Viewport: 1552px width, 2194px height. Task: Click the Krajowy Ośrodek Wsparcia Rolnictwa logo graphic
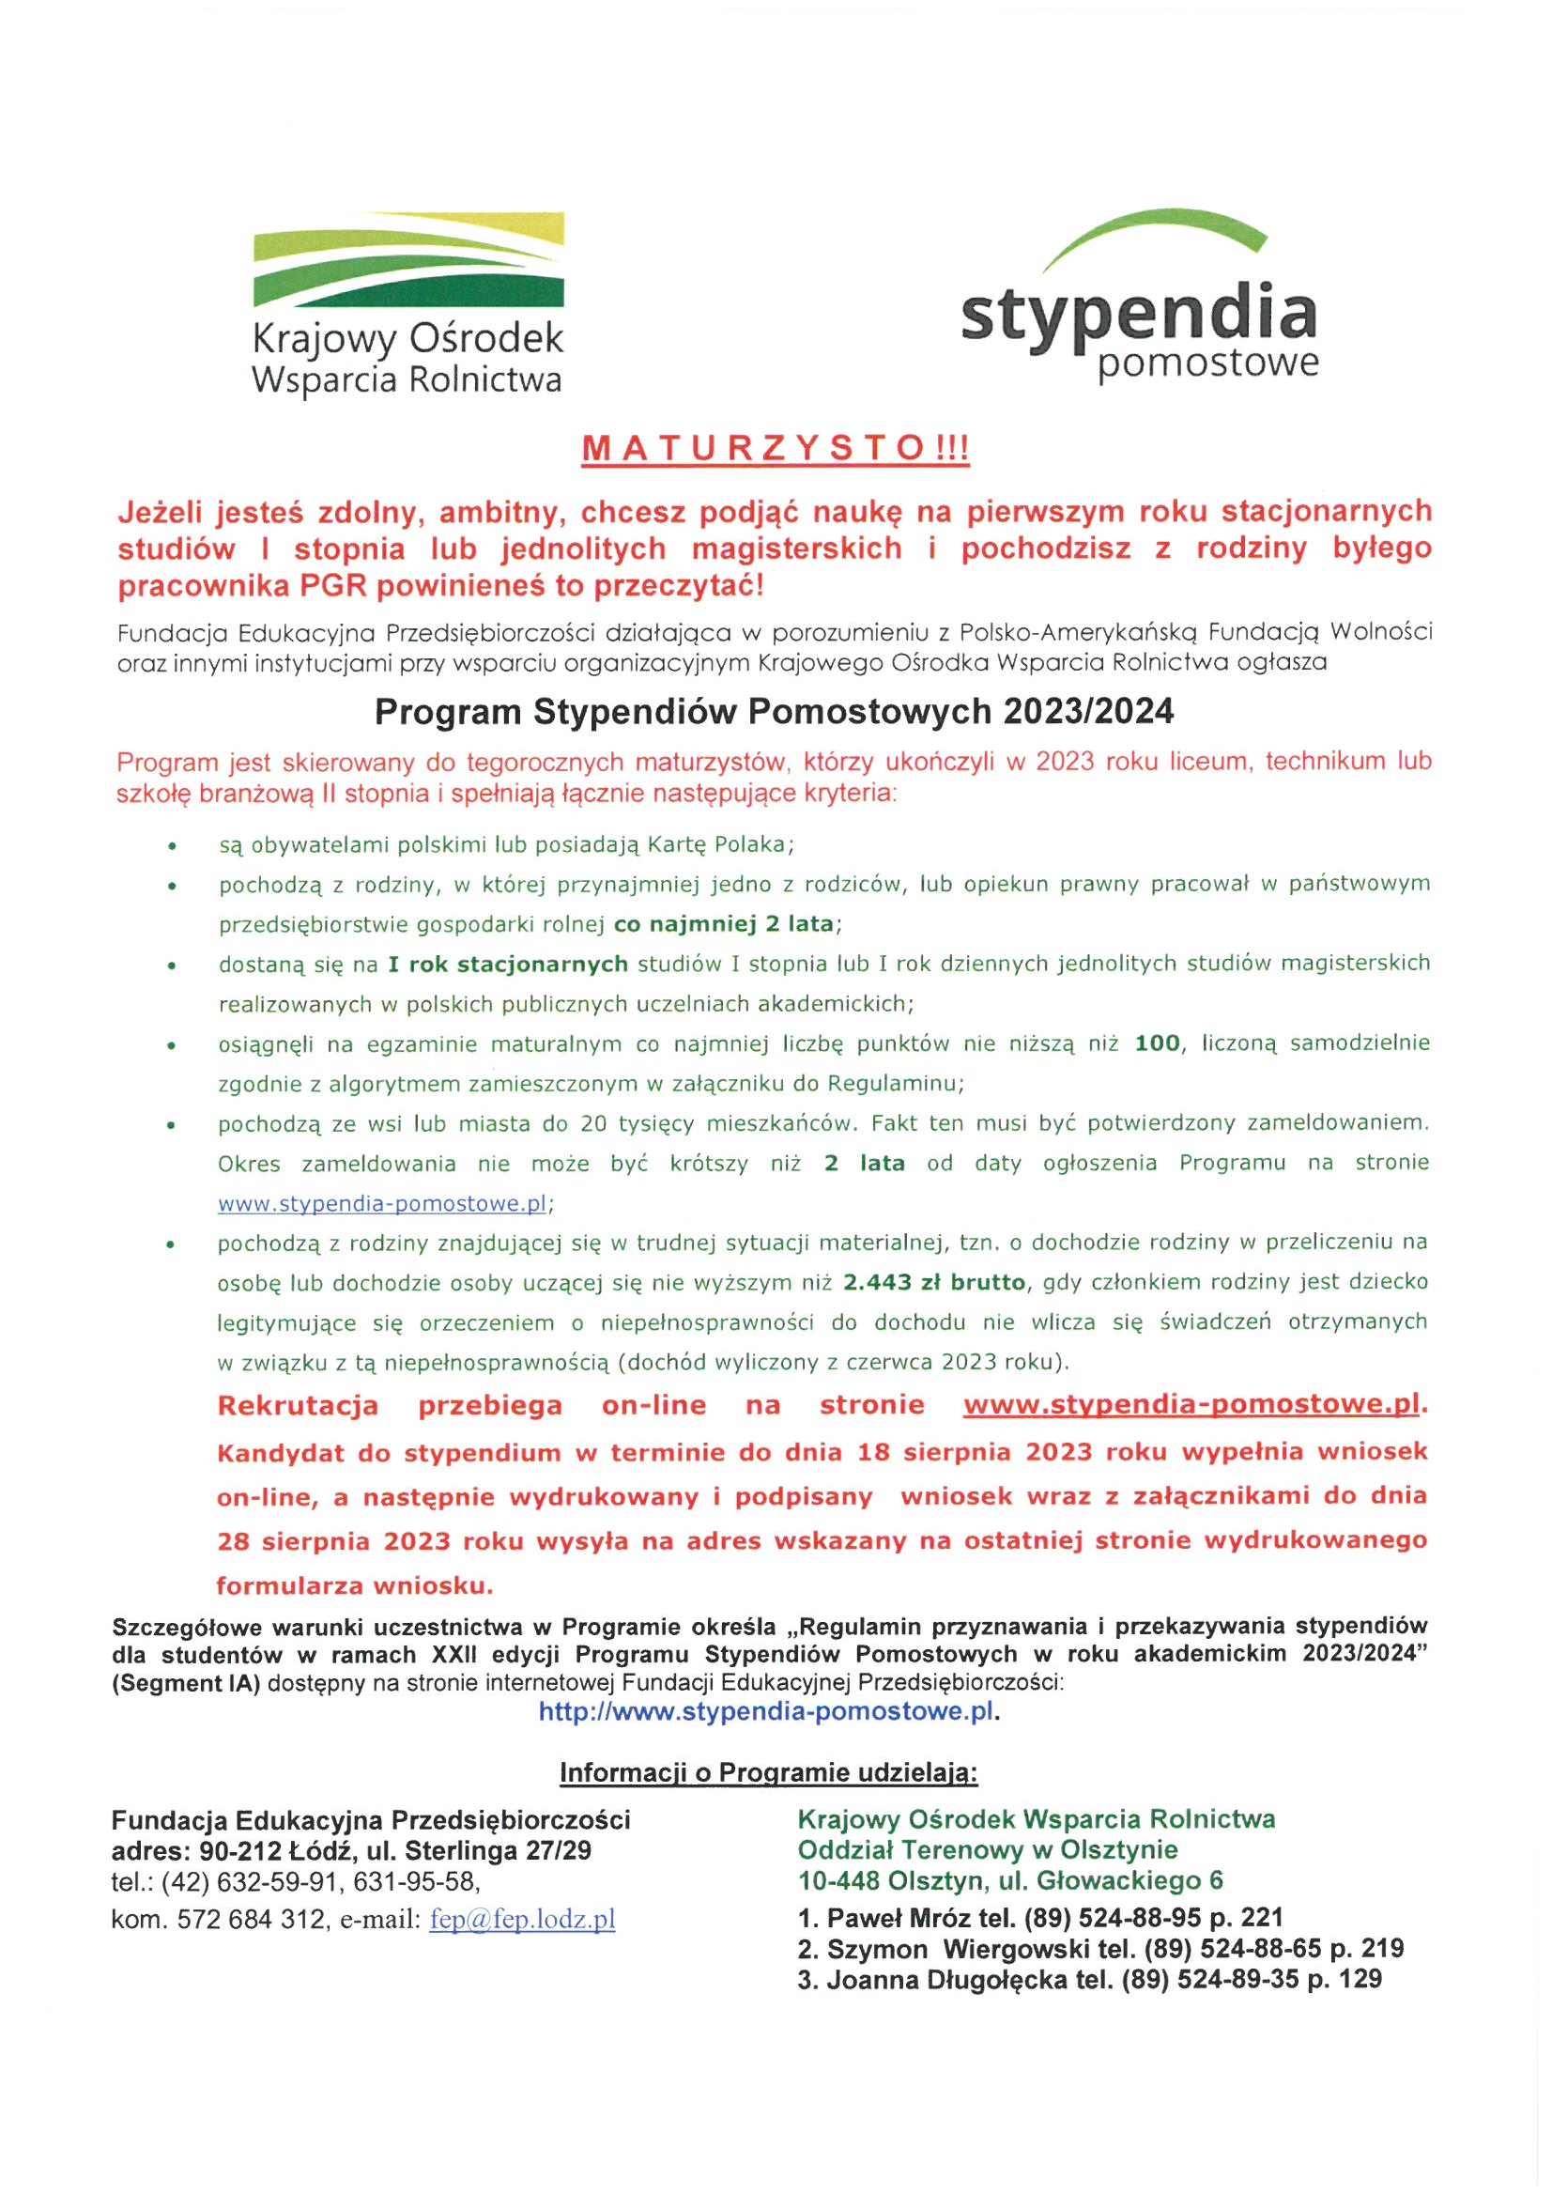(x=408, y=259)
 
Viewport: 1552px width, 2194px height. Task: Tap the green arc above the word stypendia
(x=1156, y=228)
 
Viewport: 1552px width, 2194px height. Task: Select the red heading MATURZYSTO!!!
(x=775, y=448)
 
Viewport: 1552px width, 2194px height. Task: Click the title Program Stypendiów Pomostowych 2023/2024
(x=774, y=712)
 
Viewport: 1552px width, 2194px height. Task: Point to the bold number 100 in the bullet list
(x=1157, y=1043)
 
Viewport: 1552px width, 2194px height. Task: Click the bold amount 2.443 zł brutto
(x=933, y=1282)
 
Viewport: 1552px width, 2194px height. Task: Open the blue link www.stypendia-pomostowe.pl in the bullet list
(x=382, y=1203)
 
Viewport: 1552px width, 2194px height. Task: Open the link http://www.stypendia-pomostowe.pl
(x=765, y=1711)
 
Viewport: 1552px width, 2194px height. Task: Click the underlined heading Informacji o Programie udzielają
(x=768, y=1773)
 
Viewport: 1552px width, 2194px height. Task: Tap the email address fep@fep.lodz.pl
(x=522, y=1920)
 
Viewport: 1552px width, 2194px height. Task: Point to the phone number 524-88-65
(x=1261, y=1948)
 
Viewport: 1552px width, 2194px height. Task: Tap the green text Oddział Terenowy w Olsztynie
(x=987, y=1850)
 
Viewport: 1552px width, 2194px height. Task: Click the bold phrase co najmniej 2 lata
(x=724, y=923)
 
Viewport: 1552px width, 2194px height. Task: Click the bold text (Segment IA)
(x=185, y=1683)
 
